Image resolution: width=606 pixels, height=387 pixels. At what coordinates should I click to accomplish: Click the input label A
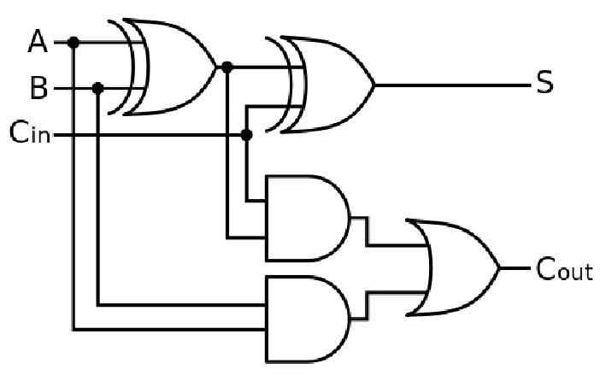click(38, 42)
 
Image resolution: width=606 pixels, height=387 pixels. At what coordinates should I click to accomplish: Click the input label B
click(39, 88)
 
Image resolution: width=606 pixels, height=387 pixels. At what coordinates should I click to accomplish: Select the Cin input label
click(30, 132)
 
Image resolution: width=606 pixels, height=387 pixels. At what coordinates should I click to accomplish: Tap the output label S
click(545, 82)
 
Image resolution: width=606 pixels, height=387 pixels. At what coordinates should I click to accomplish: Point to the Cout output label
click(564, 269)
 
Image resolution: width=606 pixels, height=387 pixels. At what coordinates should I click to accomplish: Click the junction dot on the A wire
click(73, 42)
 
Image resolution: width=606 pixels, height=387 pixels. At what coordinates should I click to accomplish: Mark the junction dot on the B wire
click(97, 89)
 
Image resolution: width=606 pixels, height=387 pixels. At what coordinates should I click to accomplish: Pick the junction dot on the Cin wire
click(246, 135)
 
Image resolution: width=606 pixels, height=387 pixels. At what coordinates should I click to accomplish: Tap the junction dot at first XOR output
click(227, 67)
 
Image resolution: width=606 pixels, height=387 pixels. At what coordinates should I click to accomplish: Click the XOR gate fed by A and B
click(162, 67)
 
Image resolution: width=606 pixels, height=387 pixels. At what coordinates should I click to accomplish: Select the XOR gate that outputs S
click(321, 85)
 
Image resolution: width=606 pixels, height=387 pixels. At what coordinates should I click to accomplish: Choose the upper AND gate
click(308, 218)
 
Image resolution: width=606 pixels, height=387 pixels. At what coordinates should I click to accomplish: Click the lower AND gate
click(308, 319)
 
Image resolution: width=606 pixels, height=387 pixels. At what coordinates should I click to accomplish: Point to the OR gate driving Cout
click(453, 268)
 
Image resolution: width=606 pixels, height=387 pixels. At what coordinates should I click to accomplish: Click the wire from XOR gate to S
click(452, 85)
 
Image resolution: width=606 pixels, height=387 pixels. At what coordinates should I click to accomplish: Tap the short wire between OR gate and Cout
click(515, 268)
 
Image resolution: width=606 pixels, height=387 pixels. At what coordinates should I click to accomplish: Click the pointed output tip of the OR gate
click(500, 268)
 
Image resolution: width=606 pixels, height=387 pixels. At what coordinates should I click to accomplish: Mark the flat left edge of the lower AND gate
click(267, 319)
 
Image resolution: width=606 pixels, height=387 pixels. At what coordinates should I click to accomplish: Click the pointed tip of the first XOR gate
click(215, 67)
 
